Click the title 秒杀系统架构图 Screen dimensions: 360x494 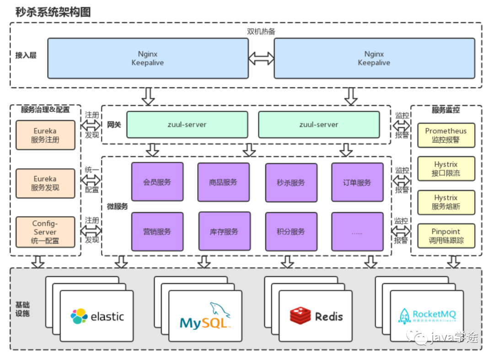coord(53,12)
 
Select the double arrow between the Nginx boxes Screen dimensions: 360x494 coord(261,58)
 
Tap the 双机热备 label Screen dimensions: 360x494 coord(261,32)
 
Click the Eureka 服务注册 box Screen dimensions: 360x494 coord(45,135)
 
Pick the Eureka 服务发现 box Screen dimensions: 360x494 coord(45,183)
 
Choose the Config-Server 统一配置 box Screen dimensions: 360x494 coord(45,232)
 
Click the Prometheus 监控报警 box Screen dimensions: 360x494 coord(446,135)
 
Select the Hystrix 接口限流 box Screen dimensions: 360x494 coord(446,169)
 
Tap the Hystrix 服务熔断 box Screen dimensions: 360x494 coord(446,202)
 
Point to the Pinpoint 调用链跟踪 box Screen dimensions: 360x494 coord(446,236)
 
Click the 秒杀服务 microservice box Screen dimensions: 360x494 coord(291,183)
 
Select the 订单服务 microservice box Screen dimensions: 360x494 coord(357,182)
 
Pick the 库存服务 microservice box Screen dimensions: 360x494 coord(224,231)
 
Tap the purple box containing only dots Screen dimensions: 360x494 coord(357,231)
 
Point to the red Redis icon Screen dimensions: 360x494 coord(300,316)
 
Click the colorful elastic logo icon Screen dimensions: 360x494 coord(79,316)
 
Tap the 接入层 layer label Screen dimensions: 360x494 coord(26,55)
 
